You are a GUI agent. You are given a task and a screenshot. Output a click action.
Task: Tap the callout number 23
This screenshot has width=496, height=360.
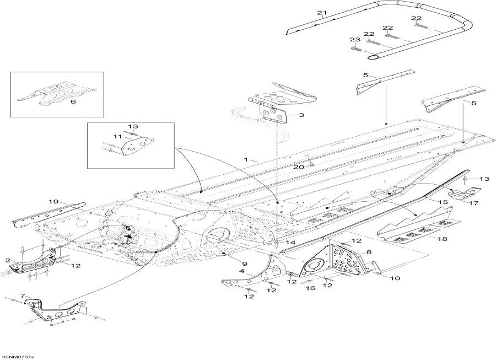point(354,40)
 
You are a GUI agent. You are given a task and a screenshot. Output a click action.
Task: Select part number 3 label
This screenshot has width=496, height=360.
point(301,115)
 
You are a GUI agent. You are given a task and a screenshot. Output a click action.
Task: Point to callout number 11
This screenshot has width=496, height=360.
point(117,136)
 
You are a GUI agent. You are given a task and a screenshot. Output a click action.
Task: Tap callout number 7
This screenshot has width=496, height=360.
point(23,297)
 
